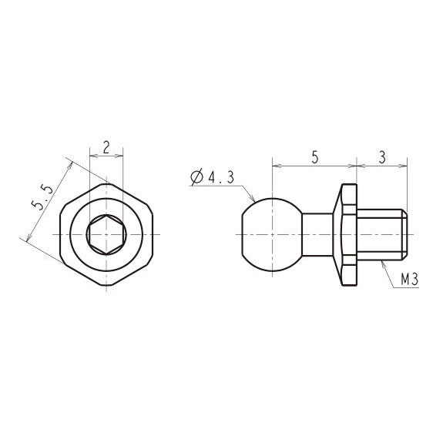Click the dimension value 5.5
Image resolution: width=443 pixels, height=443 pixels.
[42, 196]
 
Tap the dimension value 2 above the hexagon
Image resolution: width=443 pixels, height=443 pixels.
[106, 147]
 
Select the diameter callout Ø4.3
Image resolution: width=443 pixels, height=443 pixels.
[212, 177]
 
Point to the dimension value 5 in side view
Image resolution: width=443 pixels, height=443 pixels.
[314, 157]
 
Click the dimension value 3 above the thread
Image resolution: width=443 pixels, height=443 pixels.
[382, 157]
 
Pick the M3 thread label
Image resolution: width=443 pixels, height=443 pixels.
[409, 280]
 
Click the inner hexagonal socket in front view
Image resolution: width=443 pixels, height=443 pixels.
[106, 234]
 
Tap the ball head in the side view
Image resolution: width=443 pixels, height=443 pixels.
[271, 234]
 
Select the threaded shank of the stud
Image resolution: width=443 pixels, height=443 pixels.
[381, 234]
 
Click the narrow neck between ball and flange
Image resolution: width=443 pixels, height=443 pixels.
[317, 234]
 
